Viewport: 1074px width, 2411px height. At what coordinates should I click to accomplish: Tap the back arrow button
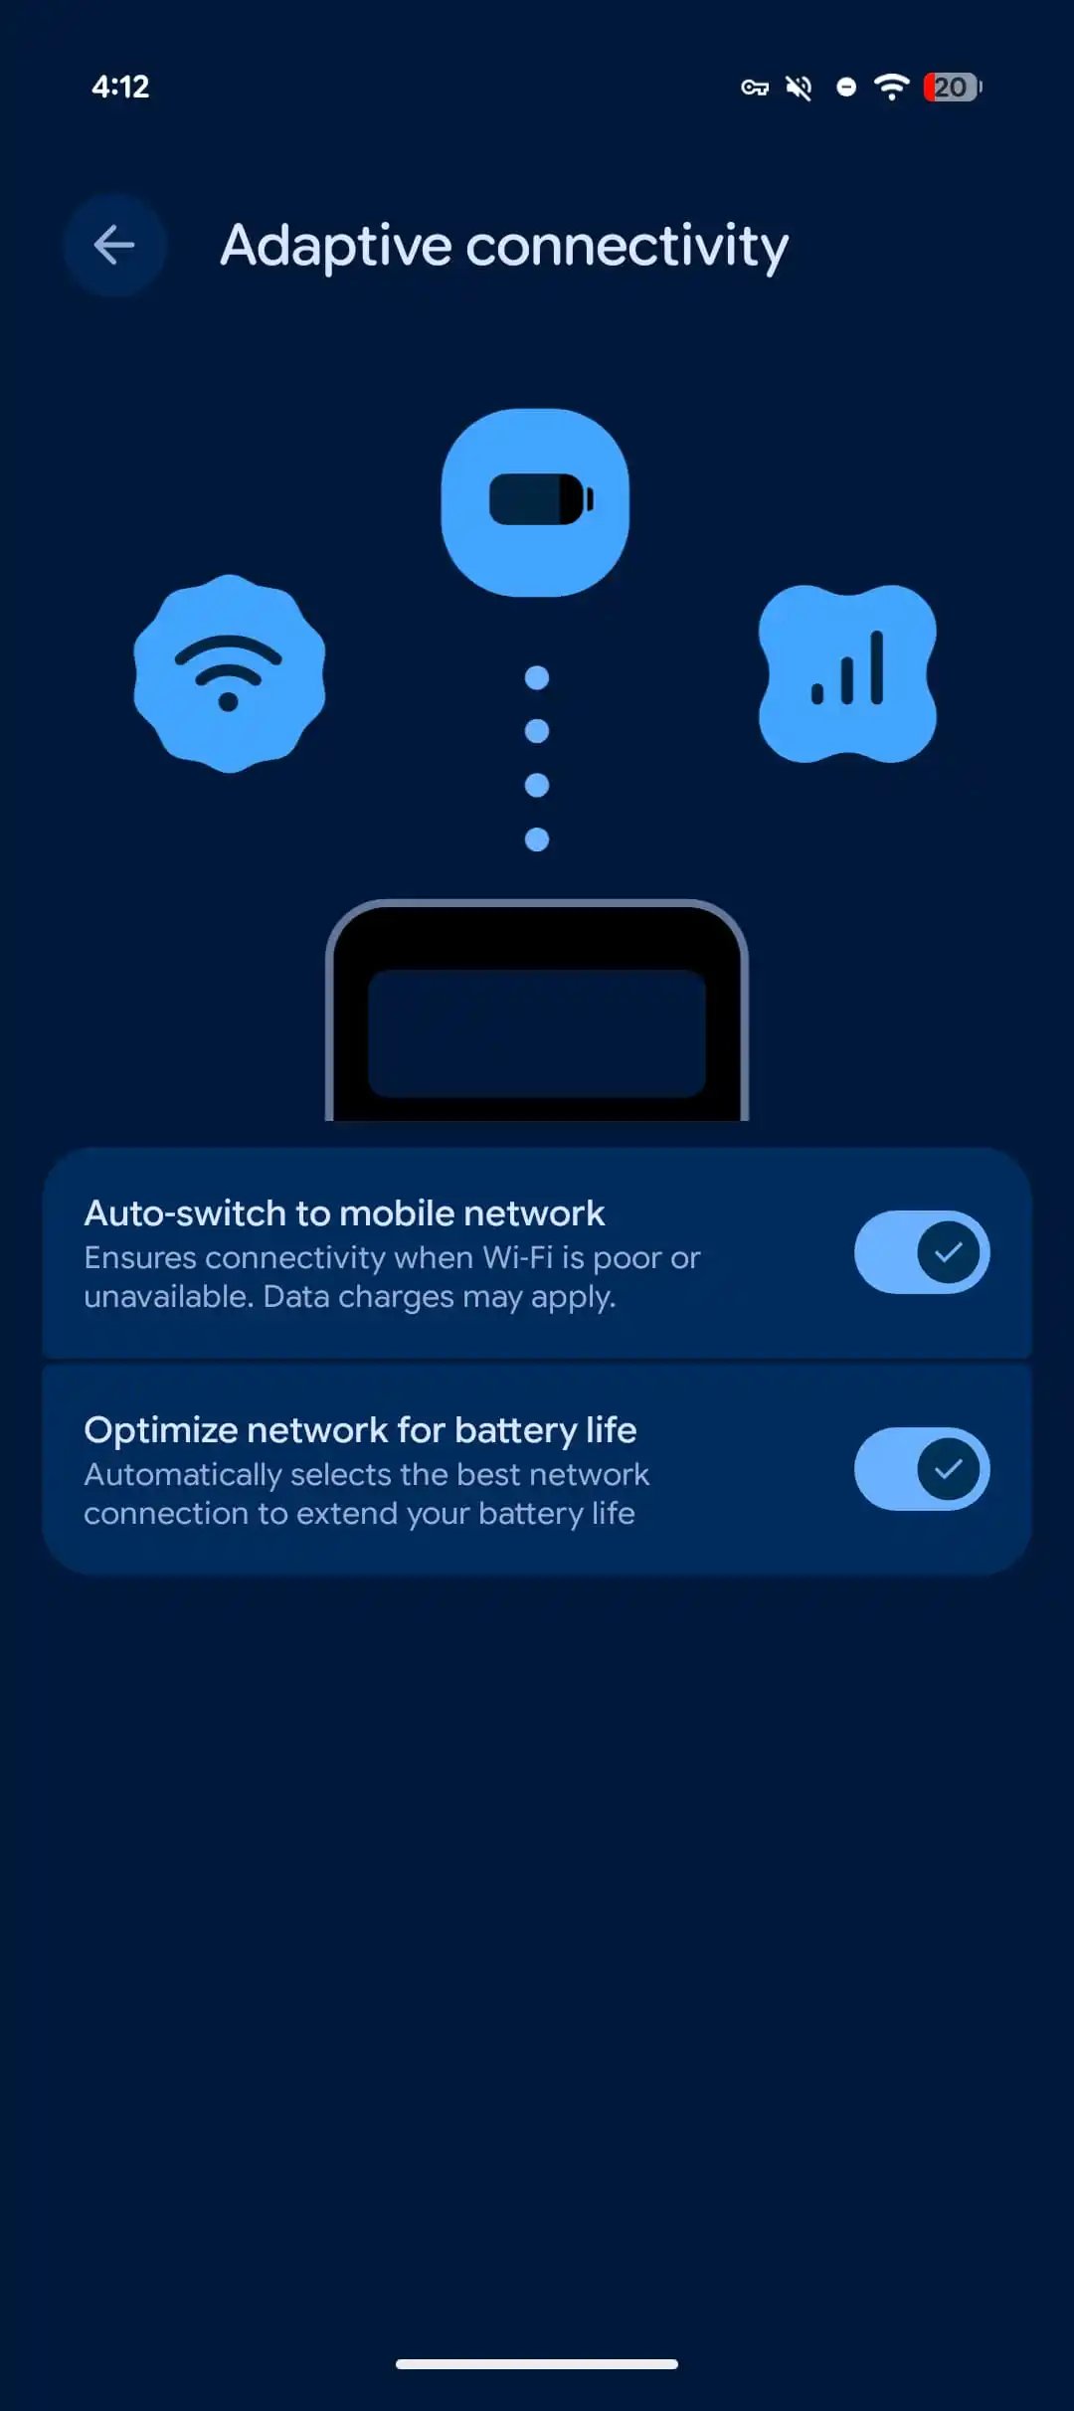tap(114, 245)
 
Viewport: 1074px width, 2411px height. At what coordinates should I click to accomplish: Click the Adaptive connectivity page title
tap(504, 247)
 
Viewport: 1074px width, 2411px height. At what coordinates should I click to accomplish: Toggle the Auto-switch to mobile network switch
tap(922, 1252)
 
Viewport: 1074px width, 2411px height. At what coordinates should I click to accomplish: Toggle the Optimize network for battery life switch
tap(922, 1469)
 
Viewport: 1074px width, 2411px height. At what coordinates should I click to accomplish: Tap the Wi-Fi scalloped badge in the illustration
tap(230, 673)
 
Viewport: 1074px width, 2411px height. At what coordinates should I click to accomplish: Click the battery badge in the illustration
tap(535, 502)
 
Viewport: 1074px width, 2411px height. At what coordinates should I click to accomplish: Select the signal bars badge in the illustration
tap(847, 673)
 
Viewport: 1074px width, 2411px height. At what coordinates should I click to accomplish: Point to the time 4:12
tap(120, 88)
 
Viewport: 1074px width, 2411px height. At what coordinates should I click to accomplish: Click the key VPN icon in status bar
tap(755, 88)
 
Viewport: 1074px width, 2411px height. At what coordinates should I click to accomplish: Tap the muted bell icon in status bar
tap(799, 88)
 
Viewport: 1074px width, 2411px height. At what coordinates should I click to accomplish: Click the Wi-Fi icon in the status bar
tap(892, 87)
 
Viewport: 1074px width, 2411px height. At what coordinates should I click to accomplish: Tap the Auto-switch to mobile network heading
tap(344, 1213)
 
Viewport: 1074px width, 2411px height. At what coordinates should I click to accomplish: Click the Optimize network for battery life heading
tap(360, 1430)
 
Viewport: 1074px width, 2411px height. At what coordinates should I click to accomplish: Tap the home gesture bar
tap(537, 2364)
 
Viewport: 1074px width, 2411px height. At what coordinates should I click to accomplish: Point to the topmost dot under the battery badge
tap(537, 678)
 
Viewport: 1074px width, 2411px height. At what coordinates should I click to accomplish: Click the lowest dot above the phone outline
tap(537, 839)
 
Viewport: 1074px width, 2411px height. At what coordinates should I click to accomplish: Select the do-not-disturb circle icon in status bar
tap(846, 88)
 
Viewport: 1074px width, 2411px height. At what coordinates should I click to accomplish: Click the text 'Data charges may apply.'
tap(440, 1297)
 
